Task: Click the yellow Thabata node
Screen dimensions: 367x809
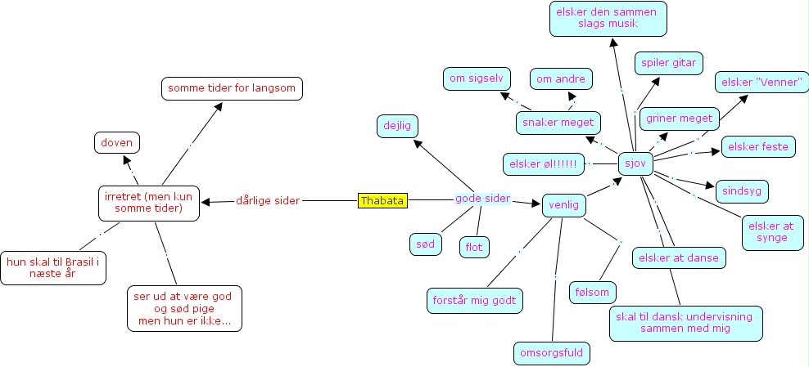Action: tap(382, 200)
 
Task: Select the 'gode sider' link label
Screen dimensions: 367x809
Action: tap(483, 199)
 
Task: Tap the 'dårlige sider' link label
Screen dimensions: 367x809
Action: tap(268, 200)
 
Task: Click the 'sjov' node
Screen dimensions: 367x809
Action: tap(635, 163)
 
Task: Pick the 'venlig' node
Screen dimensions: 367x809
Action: tap(564, 204)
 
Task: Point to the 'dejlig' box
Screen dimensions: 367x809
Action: tap(398, 126)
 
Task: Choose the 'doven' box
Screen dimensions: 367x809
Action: tap(116, 142)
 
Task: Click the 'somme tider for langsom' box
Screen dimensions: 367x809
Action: tap(232, 88)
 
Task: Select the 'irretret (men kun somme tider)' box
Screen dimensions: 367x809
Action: tap(149, 203)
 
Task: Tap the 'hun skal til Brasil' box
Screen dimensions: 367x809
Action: tap(53, 268)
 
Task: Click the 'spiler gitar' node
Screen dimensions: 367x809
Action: tap(668, 63)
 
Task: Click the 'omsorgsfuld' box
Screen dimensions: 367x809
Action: tap(551, 352)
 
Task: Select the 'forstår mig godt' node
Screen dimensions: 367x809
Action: tap(475, 299)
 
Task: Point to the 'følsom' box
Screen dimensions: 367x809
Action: tap(594, 291)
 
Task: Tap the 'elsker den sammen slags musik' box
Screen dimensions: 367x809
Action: tap(608, 19)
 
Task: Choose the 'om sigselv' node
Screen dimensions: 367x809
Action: tap(477, 78)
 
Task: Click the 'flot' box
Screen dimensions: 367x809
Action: tap(474, 245)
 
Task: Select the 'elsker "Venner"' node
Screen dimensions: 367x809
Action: tap(762, 83)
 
